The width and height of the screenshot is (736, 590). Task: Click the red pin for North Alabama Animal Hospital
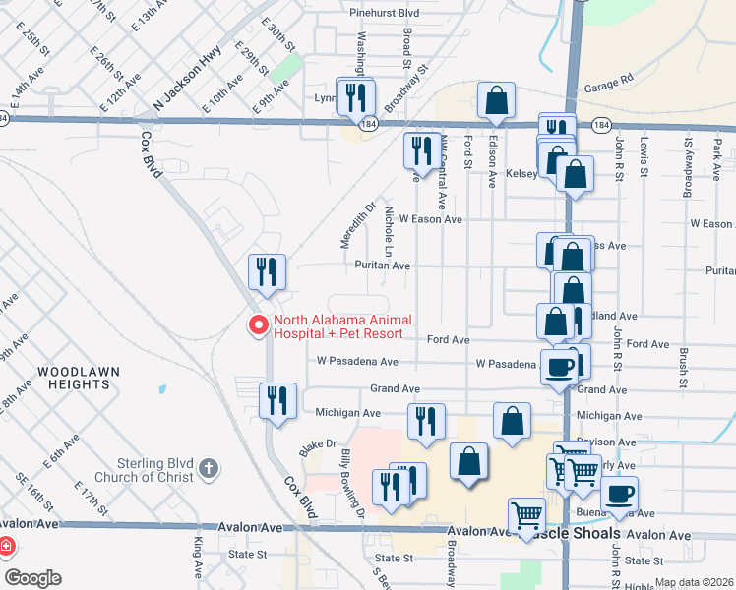[258, 324]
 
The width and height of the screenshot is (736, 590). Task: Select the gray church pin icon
[208, 469]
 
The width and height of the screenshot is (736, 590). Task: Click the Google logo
[31, 577]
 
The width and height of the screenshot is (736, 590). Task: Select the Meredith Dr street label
[359, 224]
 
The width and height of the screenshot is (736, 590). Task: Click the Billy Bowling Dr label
[353, 484]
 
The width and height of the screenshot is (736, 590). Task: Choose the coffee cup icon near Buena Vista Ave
[619, 494]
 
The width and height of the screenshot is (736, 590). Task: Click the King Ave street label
[199, 559]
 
